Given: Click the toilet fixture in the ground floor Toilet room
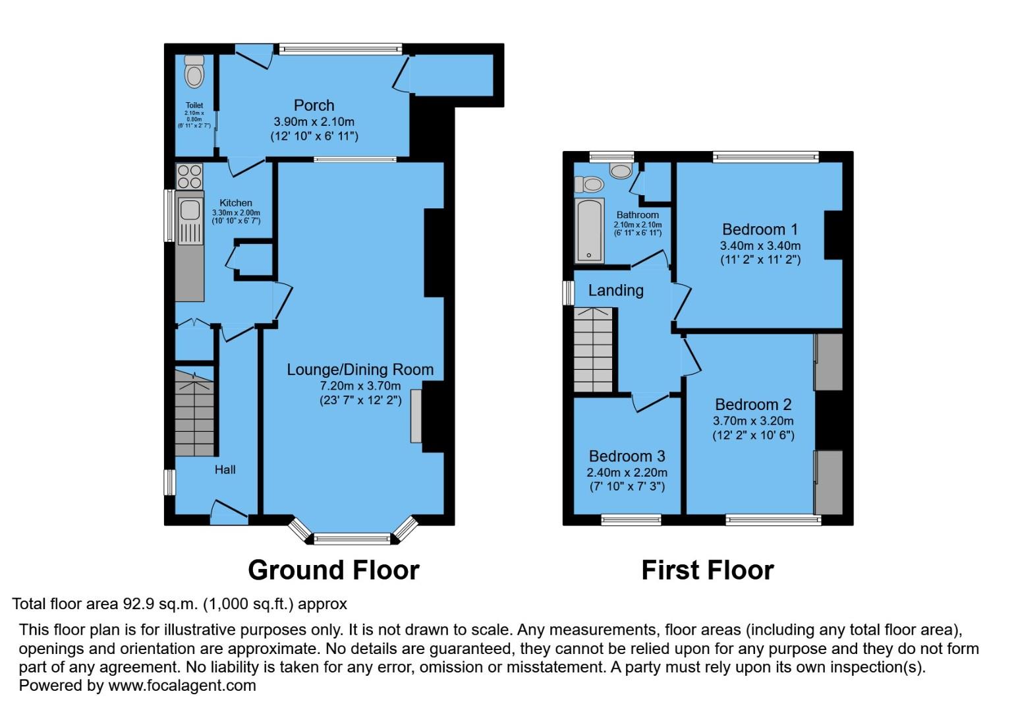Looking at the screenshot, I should coord(194,72).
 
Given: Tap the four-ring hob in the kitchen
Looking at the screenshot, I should coord(190,176).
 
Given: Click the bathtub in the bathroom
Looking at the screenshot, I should coord(590,230).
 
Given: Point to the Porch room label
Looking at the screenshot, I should coord(314,105).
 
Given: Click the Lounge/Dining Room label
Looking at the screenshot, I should coord(360,370).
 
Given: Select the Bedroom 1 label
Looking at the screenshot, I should coord(760,229).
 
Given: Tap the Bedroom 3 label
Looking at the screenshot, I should coord(627,456).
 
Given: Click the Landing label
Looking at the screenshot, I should coord(615,291).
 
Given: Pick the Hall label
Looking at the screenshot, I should coord(225,470).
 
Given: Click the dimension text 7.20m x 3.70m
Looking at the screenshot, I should coord(360,386).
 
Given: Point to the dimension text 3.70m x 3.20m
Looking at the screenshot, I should coord(753,421).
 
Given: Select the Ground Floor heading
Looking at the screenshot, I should coord(333,570).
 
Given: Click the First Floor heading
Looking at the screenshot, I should coord(707,570).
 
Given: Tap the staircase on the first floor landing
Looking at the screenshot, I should coord(594,350).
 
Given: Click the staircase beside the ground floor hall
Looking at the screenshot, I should coord(194,413).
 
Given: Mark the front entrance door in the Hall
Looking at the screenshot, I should coord(229,512).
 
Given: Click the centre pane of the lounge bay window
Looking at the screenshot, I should coord(353,539).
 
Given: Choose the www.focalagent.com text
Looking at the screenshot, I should coord(182,686).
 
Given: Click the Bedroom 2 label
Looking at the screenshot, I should coord(753,405).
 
